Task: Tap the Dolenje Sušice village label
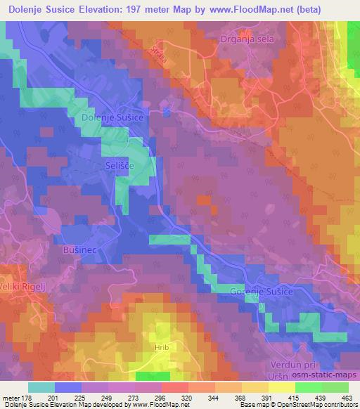click(x=112, y=118)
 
